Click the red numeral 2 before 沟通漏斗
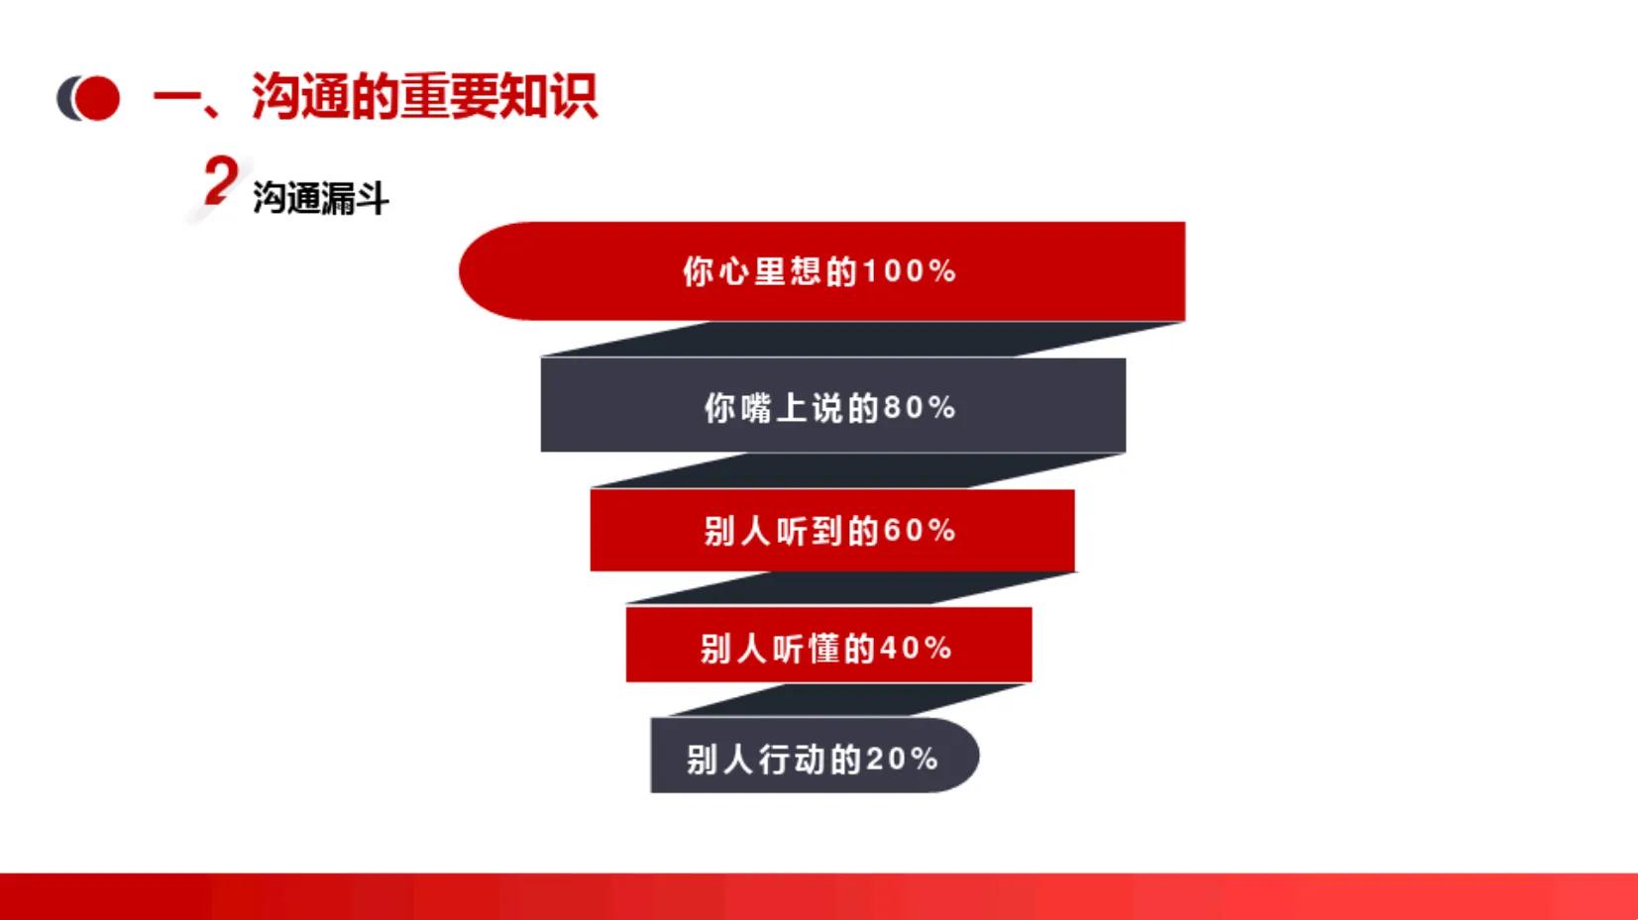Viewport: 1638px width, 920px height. click(x=220, y=182)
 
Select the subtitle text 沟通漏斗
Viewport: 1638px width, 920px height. click(x=320, y=198)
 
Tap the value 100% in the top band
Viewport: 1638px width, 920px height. click(x=909, y=271)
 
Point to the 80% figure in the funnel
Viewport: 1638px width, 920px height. click(x=920, y=407)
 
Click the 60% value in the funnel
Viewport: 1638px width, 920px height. click(x=920, y=531)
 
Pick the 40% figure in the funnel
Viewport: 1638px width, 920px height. click(x=916, y=649)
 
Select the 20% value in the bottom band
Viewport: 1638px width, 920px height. click(x=902, y=760)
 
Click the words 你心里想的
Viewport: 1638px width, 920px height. click(x=770, y=271)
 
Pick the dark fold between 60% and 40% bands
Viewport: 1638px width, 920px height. click(x=842, y=588)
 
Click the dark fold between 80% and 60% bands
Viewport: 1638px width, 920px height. click(x=852, y=470)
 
